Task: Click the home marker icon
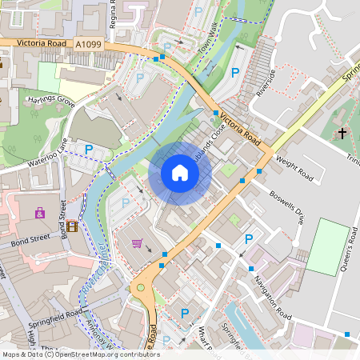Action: (x=180, y=173)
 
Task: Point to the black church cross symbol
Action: (x=342, y=132)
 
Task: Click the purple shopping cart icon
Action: (x=137, y=243)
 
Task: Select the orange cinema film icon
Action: (x=74, y=226)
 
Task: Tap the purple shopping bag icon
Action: (x=40, y=213)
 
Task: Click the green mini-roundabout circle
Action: (x=142, y=288)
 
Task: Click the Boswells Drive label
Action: (x=287, y=205)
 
